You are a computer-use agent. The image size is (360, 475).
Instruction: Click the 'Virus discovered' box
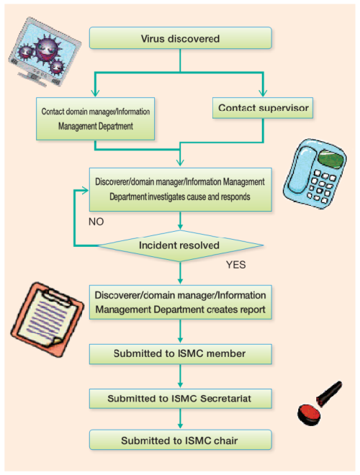pyautogui.click(x=180, y=38)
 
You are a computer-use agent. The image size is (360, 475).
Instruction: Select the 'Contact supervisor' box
pyautogui.click(x=263, y=108)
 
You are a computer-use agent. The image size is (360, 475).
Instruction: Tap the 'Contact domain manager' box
pyautogui.click(x=96, y=119)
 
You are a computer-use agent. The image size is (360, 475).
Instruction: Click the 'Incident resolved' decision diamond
pyautogui.click(x=180, y=245)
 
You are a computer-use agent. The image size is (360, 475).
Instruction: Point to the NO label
pyautogui.click(x=96, y=222)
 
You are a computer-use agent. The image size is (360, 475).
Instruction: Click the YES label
pyautogui.click(x=235, y=265)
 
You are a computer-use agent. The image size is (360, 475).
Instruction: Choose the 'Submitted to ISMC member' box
pyautogui.click(x=180, y=354)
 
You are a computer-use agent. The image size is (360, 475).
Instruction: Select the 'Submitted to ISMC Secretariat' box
pyautogui.click(x=180, y=399)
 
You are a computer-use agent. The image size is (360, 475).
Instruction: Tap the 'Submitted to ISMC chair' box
pyautogui.click(x=180, y=440)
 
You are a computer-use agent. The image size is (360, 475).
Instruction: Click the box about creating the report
pyautogui.click(x=180, y=302)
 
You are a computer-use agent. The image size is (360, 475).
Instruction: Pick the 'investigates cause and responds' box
pyautogui.click(x=180, y=189)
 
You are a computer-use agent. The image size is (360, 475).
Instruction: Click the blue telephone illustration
pyautogui.click(x=315, y=173)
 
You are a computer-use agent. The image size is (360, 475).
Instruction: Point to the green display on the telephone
pyautogui.click(x=331, y=160)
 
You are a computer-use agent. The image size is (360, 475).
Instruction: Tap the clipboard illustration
pyautogui.click(x=47, y=320)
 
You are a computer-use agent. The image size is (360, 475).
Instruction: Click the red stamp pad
pyautogui.click(x=309, y=415)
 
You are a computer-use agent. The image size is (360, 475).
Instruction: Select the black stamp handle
pyautogui.click(x=329, y=393)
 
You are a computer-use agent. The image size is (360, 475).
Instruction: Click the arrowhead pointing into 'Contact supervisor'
pyautogui.click(x=263, y=93)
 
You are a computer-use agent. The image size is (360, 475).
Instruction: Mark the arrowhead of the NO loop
pyautogui.click(x=85, y=190)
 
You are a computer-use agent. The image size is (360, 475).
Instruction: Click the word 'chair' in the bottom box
pyautogui.click(x=225, y=440)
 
